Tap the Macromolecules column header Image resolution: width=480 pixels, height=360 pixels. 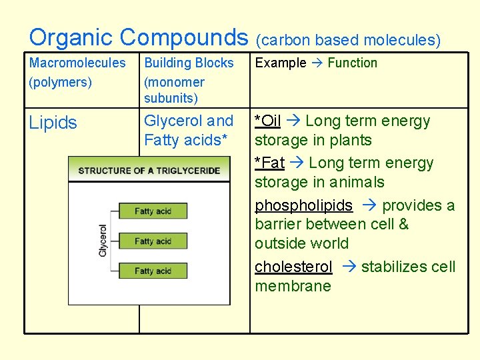click(77, 63)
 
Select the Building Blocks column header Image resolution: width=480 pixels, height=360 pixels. click(189, 63)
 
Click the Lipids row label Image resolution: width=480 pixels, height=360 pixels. click(53, 123)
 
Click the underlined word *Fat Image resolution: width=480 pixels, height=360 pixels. click(269, 163)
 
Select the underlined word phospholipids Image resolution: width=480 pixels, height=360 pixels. click(303, 206)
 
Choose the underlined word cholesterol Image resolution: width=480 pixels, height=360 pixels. click(293, 267)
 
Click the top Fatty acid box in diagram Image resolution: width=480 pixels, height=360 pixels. click(153, 211)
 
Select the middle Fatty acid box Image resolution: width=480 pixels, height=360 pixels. click(153, 241)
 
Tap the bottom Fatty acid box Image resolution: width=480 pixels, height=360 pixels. click(153, 271)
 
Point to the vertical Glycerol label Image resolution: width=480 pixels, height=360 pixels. click(103, 241)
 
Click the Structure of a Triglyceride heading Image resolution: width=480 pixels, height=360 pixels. click(149, 171)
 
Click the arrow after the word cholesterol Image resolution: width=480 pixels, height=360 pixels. click(348, 267)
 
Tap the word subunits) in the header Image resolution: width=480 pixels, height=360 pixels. click(171, 99)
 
